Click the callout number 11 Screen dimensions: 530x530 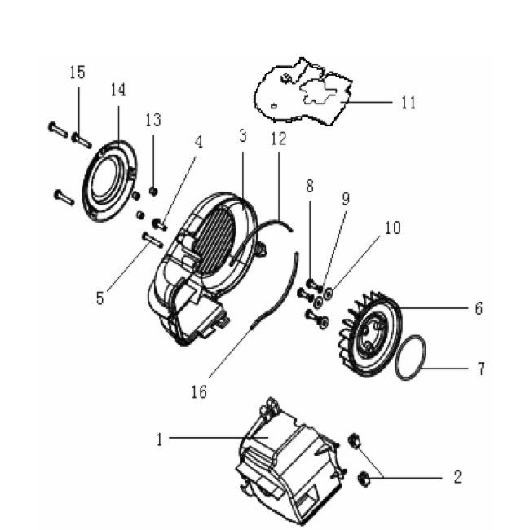[408, 103]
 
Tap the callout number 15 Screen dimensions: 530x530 [77, 73]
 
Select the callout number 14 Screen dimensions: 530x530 [118, 89]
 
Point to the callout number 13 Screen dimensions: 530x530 [153, 121]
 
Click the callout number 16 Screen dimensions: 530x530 [199, 392]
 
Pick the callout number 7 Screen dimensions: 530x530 [480, 369]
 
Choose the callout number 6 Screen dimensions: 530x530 [478, 308]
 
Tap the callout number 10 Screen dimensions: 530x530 [392, 228]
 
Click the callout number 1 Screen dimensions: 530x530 [160, 439]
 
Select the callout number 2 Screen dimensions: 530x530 [457, 475]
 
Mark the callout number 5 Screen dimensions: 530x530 [99, 298]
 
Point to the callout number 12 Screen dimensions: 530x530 [278, 139]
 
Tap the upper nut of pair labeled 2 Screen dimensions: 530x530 [355, 441]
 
